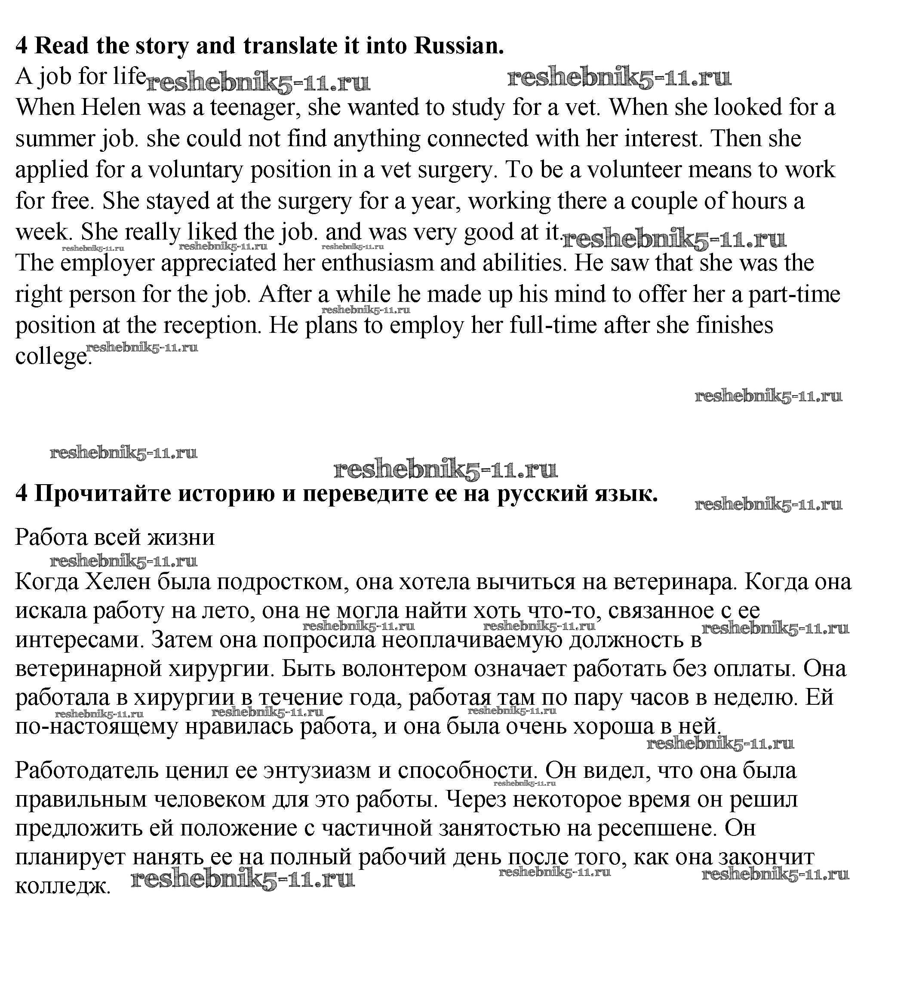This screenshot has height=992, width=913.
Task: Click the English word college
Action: pos(53,357)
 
